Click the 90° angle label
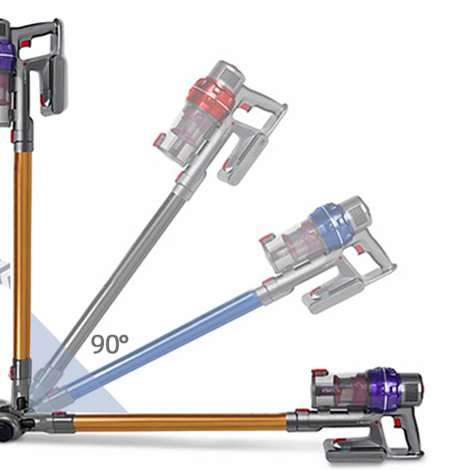pyautogui.click(x=109, y=343)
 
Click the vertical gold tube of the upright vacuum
pyautogui.click(x=22, y=253)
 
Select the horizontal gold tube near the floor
pyautogui.click(x=176, y=422)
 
